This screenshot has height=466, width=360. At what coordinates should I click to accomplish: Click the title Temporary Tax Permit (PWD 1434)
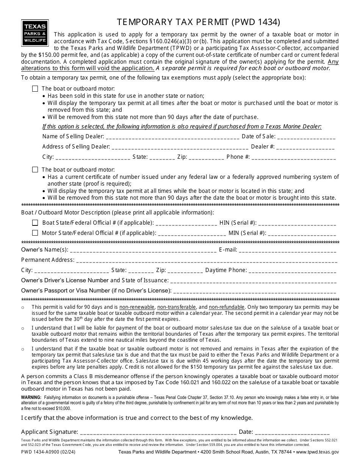199,22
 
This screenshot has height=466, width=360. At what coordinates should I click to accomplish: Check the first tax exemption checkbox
35,89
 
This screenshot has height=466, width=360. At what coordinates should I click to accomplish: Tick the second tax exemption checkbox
35,170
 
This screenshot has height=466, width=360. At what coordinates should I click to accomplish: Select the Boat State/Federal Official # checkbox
35,223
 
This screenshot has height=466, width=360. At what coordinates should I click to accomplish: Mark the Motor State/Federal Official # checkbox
35,233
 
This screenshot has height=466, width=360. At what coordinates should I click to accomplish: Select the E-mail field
288,250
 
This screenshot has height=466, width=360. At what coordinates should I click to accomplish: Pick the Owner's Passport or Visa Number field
254,291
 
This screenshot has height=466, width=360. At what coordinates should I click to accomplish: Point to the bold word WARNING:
31,397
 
